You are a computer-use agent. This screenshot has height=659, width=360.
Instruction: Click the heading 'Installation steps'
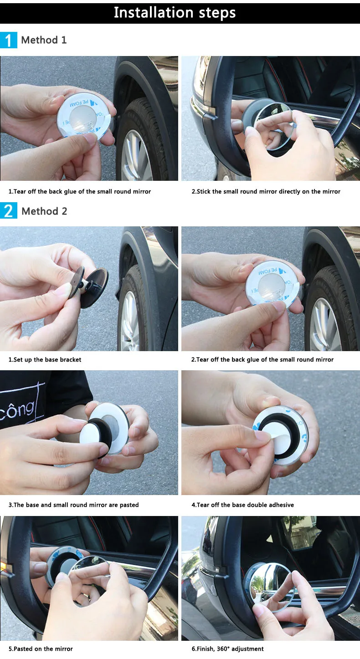coord(175,13)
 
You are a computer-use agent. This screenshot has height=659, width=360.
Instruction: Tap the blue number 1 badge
coord(9,40)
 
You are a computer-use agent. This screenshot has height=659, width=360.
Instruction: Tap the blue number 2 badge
coord(9,211)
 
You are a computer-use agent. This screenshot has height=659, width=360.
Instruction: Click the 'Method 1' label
coord(44,40)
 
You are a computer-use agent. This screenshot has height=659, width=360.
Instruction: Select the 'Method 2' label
coord(44,211)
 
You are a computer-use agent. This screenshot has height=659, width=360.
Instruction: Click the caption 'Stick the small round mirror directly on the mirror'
coord(266,192)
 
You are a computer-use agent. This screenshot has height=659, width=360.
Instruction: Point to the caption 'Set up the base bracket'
coord(45,359)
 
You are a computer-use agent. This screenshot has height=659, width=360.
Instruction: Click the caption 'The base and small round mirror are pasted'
coord(73,505)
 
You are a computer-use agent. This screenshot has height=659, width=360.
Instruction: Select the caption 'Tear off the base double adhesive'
coord(243,505)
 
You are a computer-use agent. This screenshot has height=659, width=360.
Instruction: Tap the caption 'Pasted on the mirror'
coord(41,649)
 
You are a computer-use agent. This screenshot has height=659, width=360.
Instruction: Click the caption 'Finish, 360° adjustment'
coord(227,649)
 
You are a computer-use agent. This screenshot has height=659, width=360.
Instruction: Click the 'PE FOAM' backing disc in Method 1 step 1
coord(84,117)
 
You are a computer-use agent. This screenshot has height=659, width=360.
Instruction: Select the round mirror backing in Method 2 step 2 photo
coord(273,285)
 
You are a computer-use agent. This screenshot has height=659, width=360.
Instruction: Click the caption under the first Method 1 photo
coord(79,192)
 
